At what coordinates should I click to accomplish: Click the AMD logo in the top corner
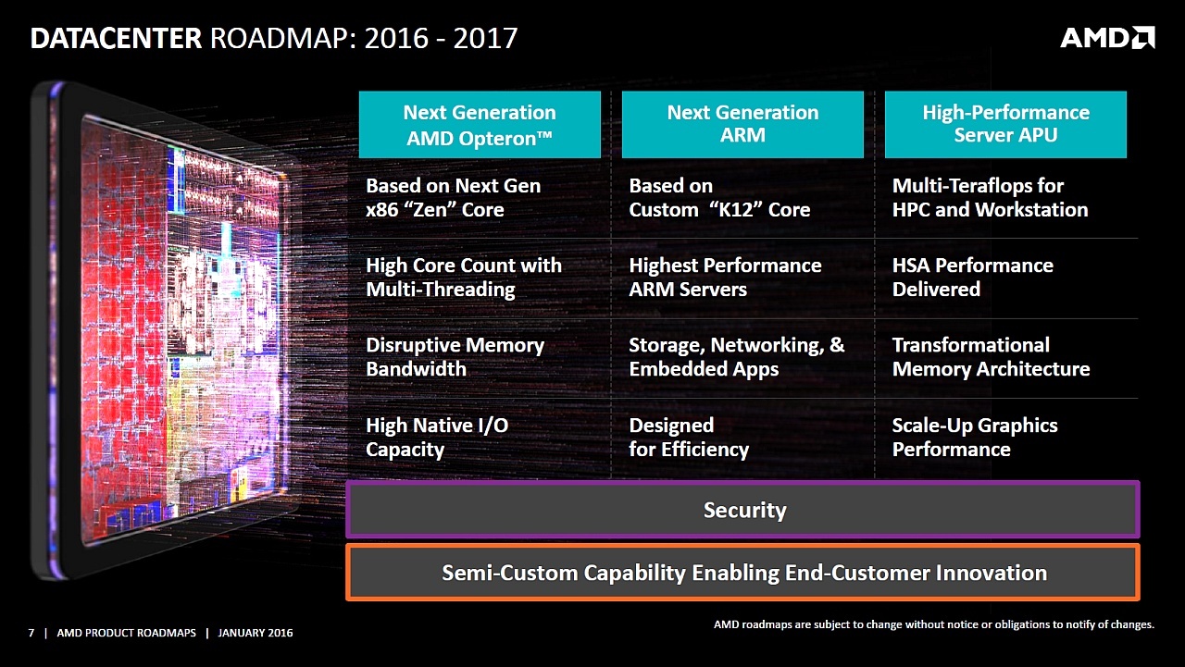[1107, 38]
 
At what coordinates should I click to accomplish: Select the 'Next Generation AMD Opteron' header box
[480, 125]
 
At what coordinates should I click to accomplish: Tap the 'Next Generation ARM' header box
[742, 125]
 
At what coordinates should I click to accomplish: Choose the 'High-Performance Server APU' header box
[1005, 125]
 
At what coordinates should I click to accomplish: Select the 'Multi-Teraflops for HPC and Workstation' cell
[990, 198]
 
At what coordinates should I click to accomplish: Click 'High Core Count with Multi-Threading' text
[463, 278]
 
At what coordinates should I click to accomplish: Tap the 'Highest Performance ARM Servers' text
[725, 278]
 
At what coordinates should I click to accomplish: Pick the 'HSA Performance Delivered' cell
[972, 278]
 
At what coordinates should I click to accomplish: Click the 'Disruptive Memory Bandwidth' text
[455, 357]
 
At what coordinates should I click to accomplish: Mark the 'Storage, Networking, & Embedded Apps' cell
[736, 357]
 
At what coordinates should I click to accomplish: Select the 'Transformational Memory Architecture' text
[991, 357]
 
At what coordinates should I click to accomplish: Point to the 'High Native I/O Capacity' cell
[437, 438]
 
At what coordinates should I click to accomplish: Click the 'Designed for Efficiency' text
[689, 438]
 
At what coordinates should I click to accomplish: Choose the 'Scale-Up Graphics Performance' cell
[974, 438]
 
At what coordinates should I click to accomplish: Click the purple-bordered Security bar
[743, 510]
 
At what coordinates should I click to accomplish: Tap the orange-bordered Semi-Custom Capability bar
[743, 573]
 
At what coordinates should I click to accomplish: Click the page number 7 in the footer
[31, 633]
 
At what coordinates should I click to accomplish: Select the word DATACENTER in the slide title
[116, 39]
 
